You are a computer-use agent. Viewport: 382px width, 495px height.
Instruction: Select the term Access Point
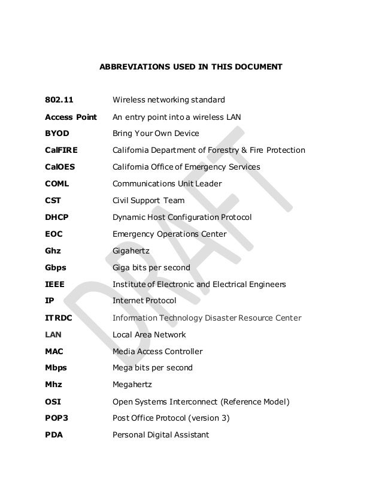click(x=71, y=116)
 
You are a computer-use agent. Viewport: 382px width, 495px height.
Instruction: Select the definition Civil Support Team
click(x=148, y=200)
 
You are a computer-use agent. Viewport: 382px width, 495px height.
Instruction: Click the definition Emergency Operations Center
click(x=169, y=234)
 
